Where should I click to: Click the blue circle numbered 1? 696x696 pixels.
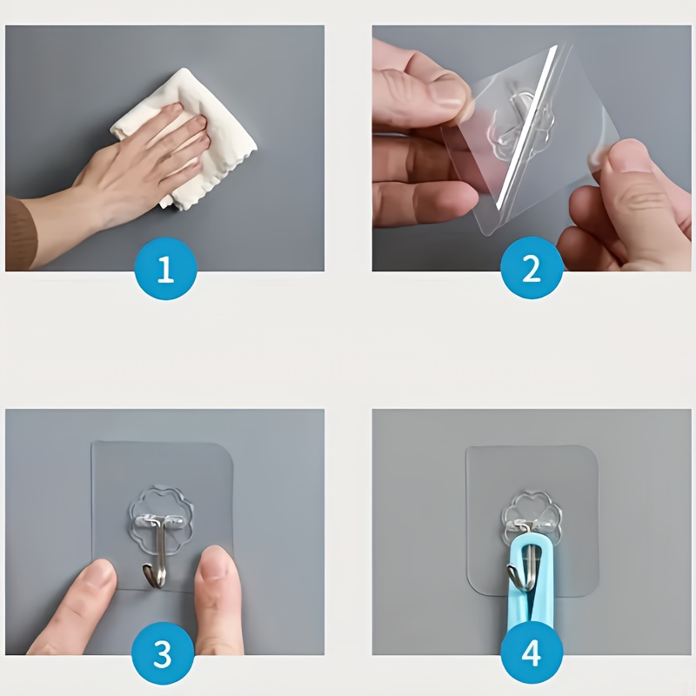pyautogui.click(x=165, y=269)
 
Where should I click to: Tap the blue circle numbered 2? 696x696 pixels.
pyautogui.click(x=532, y=268)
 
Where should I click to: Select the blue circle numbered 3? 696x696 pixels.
pyautogui.click(x=163, y=653)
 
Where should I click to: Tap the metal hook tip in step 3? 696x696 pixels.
pyautogui.click(x=146, y=571)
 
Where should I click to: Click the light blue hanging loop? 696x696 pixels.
pyautogui.click(x=531, y=586)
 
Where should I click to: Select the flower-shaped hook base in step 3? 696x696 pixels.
pyautogui.click(x=161, y=518)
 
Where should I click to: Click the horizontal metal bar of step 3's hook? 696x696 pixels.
pyautogui.click(x=161, y=519)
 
